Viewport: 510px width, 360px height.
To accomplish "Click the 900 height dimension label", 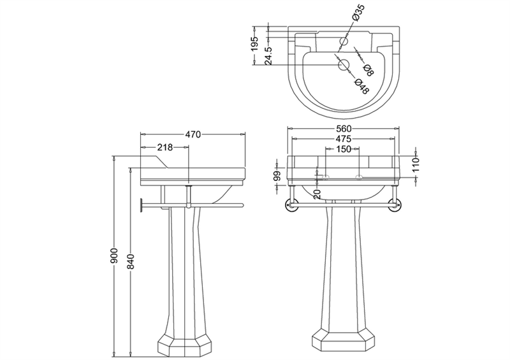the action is pyautogui.click(x=114, y=256).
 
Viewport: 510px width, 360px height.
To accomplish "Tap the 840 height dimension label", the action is pyautogui.click(x=131, y=261).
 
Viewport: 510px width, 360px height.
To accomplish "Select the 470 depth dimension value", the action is pyautogui.click(x=193, y=134).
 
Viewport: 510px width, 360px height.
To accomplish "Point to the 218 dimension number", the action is pyautogui.click(x=165, y=147).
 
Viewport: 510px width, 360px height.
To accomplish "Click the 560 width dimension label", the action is pyautogui.click(x=344, y=129).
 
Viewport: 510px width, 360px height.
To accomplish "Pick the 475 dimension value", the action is pyautogui.click(x=344, y=139).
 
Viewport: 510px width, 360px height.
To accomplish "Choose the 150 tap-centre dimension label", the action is pyautogui.click(x=344, y=149).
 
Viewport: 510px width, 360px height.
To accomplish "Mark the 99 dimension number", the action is pyautogui.click(x=277, y=176).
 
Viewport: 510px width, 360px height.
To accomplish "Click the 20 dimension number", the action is pyautogui.click(x=318, y=194).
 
